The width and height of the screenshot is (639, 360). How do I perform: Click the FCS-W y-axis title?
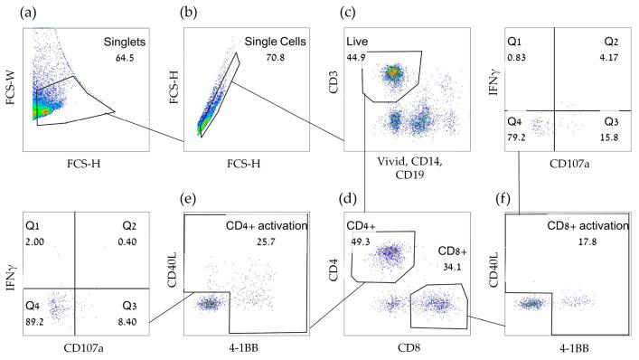(x=12, y=87)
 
